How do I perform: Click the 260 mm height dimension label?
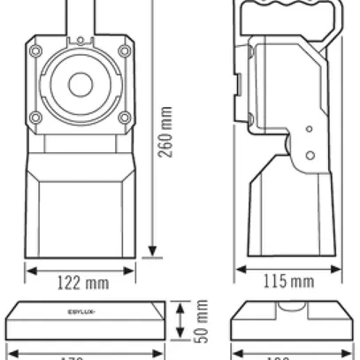coord(165,134)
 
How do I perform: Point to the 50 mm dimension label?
coord(203,324)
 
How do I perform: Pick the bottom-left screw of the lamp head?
coord(35,119)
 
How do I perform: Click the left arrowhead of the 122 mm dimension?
coord(30,269)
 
